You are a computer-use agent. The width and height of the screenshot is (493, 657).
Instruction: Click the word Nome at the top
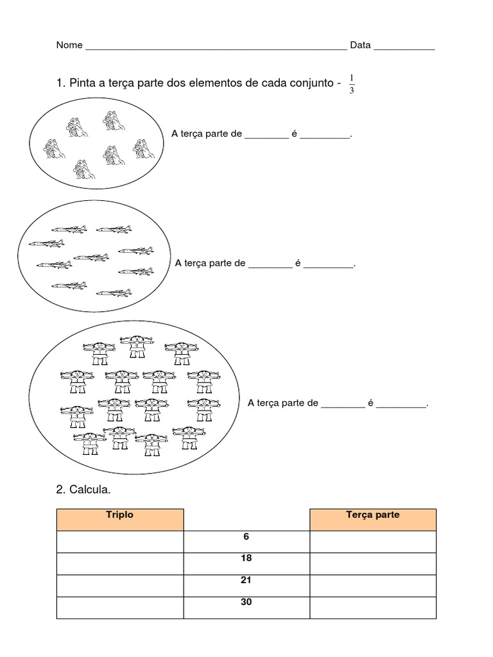pos(69,46)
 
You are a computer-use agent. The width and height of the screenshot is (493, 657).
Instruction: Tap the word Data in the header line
pos(360,46)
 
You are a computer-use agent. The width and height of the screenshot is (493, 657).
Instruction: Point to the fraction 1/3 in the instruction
pos(352,84)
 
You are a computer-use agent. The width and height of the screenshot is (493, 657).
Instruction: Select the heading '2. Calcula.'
pos(83,490)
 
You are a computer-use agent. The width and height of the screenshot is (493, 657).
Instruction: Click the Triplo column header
pos(120,515)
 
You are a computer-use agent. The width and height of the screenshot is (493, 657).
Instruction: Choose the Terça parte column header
pos(372,515)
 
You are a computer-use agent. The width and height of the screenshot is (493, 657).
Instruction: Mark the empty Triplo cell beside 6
pos(120,542)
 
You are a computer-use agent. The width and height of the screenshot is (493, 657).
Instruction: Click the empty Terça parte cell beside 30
pos(372,608)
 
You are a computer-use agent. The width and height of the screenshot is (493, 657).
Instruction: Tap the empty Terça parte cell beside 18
pos(372,563)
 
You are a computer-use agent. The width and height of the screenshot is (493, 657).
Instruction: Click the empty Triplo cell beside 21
pos(120,585)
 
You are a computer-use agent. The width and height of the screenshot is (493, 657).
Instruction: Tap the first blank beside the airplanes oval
pos(270,265)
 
